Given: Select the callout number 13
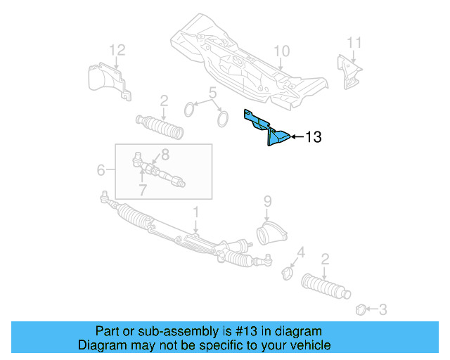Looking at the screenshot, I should coord(313,137).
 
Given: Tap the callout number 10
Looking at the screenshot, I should coord(281,51).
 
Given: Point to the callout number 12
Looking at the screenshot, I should coord(117,49).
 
